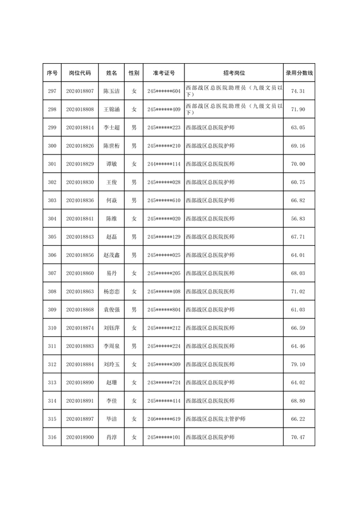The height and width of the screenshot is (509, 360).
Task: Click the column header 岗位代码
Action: pos(80,73)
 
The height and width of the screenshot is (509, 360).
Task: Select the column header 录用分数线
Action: pos(299,73)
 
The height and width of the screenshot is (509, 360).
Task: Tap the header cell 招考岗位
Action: pos(234,73)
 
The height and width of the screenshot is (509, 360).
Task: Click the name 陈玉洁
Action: pos(111,91)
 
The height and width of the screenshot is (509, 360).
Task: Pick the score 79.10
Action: pos(298,364)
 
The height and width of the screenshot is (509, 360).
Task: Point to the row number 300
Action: pos(52,146)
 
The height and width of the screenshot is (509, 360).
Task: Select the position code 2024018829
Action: pos(80,164)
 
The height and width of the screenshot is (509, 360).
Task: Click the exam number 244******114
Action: pos(164,164)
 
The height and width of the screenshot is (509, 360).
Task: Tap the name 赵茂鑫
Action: pos(111,255)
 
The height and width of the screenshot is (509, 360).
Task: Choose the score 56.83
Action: pos(298,219)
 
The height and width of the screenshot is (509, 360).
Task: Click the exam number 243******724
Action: pos(164,383)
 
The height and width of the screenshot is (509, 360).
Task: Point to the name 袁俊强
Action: pos(111,310)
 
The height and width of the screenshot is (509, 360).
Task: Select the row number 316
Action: pos(52,438)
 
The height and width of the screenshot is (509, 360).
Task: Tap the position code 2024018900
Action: pos(80,438)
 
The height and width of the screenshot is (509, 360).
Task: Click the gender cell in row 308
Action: pos(134,291)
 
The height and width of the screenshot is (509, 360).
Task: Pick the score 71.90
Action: pos(298,110)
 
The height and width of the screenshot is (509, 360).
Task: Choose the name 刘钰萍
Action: pos(111,328)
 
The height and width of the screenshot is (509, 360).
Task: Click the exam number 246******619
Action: pos(164,419)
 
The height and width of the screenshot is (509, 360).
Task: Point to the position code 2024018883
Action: pos(80,346)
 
